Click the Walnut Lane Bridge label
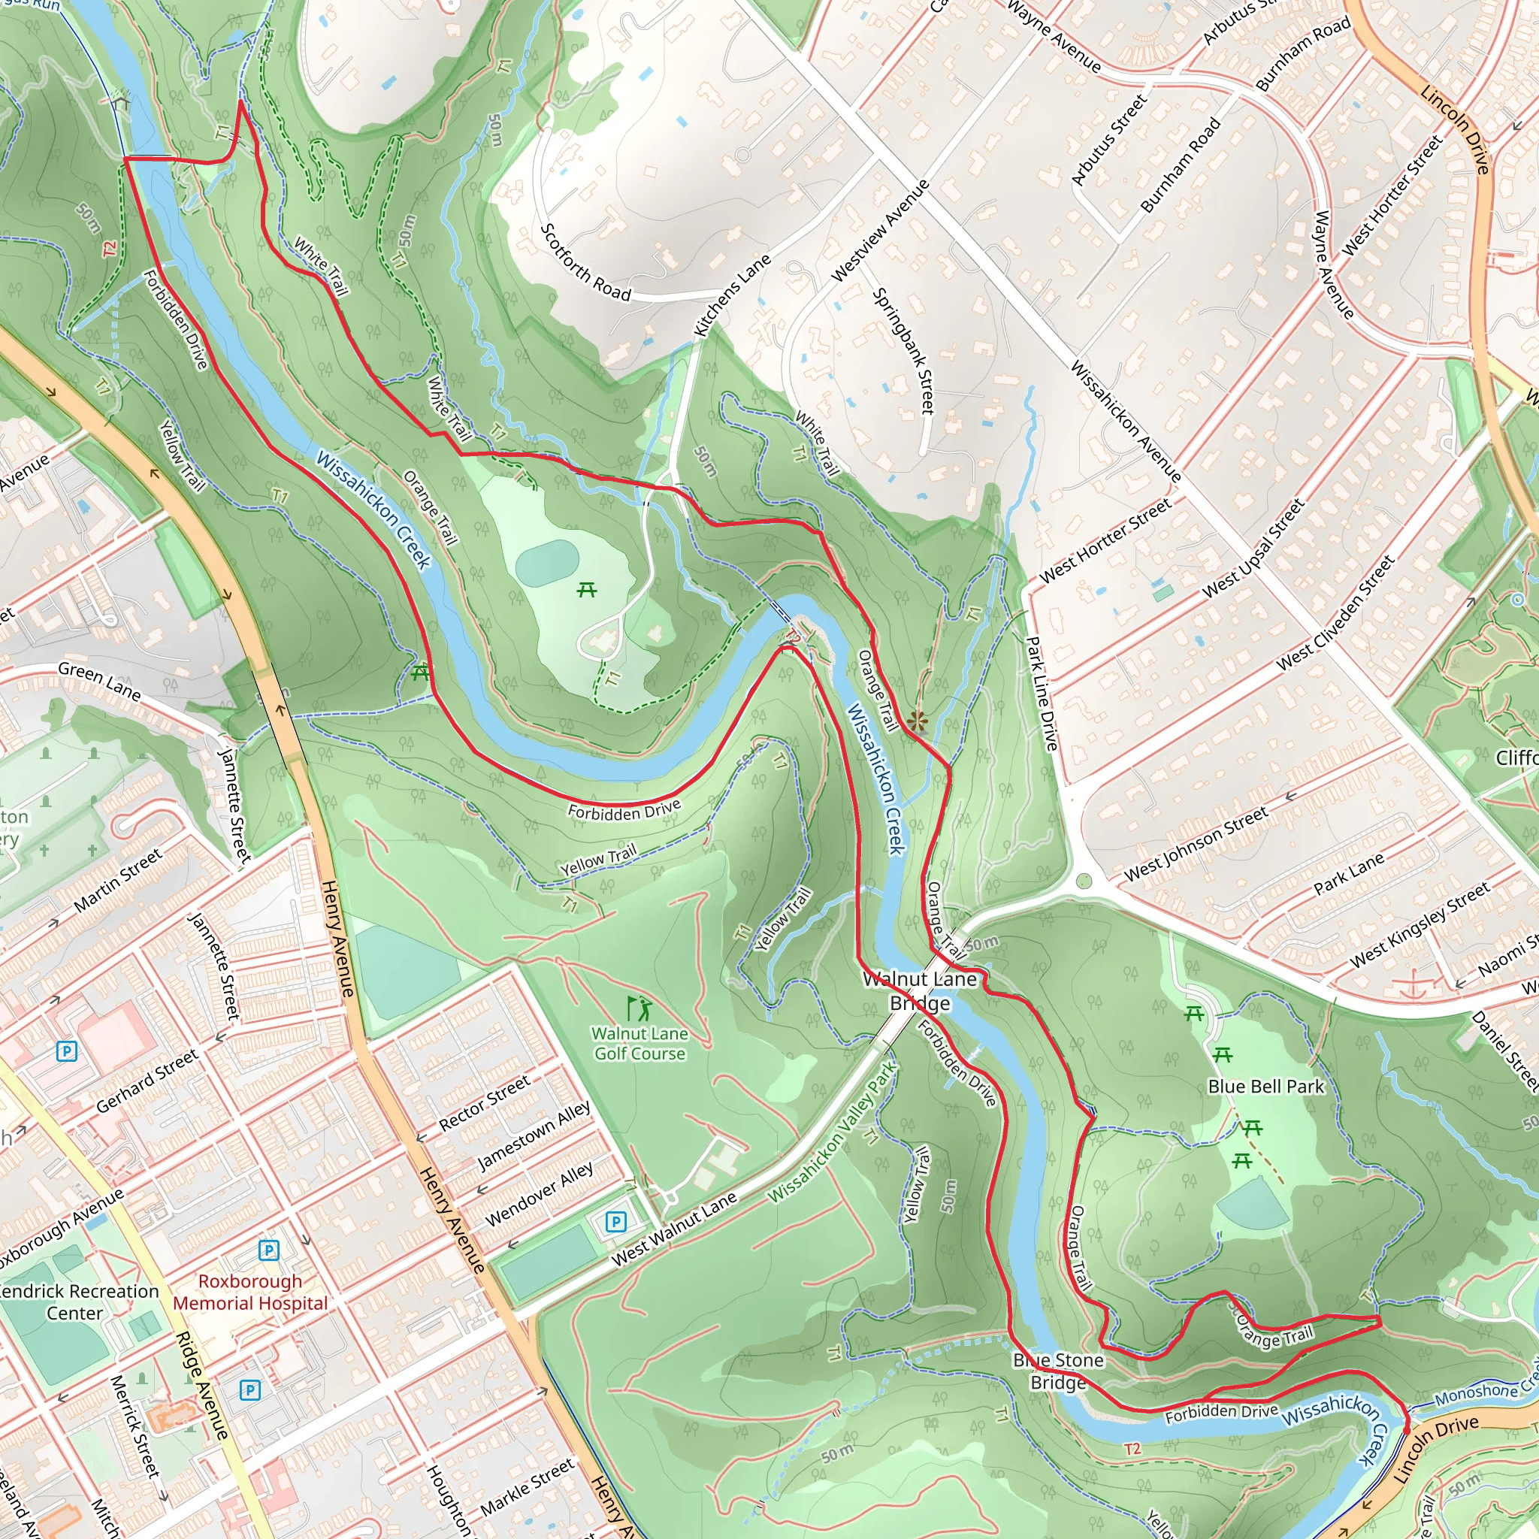920,991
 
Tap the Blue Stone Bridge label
1058,1371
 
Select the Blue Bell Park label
1265,1087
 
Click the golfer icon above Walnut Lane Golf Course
639,1008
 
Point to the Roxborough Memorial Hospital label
250,1292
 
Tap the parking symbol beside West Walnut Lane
615,1221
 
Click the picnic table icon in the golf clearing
587,590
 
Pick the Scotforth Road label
585,262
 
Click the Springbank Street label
903,350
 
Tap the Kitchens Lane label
732,295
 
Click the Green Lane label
100,681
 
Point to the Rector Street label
485,1102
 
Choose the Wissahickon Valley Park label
833,1132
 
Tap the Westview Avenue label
880,230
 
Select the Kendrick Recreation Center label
77,1302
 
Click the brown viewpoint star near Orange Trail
918,721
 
